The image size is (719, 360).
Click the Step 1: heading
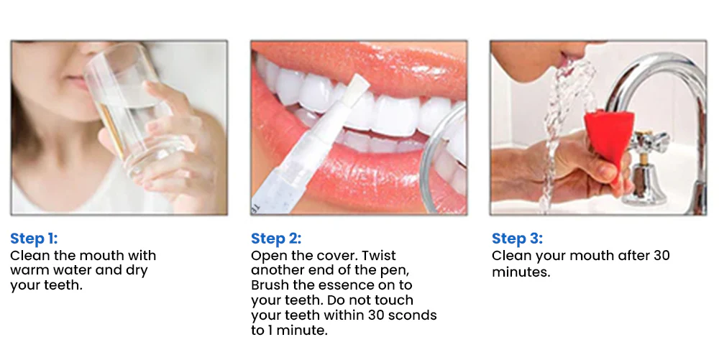[34, 239]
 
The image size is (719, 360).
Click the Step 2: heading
[276, 239]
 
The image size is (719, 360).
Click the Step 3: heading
[517, 239]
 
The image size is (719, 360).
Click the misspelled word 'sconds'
[413, 315]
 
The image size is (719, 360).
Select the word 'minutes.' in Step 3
[521, 272]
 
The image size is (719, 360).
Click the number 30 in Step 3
[662, 256]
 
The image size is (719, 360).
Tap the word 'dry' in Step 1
[137, 271]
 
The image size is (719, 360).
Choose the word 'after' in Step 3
[634, 256]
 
